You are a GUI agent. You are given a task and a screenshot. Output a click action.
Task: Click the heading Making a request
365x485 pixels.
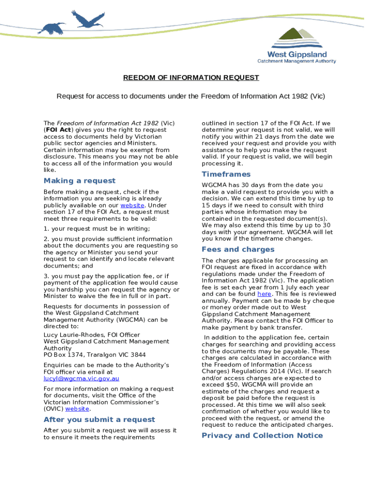(79, 181)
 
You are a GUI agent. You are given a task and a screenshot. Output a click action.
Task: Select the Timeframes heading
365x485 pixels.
(226, 174)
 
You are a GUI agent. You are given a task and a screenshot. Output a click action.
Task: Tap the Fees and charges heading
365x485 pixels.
(238, 250)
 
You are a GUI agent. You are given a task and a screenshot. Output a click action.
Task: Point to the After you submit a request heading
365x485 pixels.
(99, 420)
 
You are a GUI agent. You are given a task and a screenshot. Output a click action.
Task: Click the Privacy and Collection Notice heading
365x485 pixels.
(262, 436)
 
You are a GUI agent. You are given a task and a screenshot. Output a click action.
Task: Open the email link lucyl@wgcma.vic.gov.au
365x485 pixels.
(81, 379)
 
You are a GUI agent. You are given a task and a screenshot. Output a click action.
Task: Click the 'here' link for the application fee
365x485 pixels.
(264, 294)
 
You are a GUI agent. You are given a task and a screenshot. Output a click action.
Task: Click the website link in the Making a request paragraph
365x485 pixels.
(132, 206)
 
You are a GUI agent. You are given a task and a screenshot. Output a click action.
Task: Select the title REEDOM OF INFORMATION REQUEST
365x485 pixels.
(191, 78)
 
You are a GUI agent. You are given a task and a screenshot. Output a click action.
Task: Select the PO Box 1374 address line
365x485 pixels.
(95, 355)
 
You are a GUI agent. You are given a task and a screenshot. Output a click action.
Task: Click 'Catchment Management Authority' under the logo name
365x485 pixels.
(296, 61)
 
